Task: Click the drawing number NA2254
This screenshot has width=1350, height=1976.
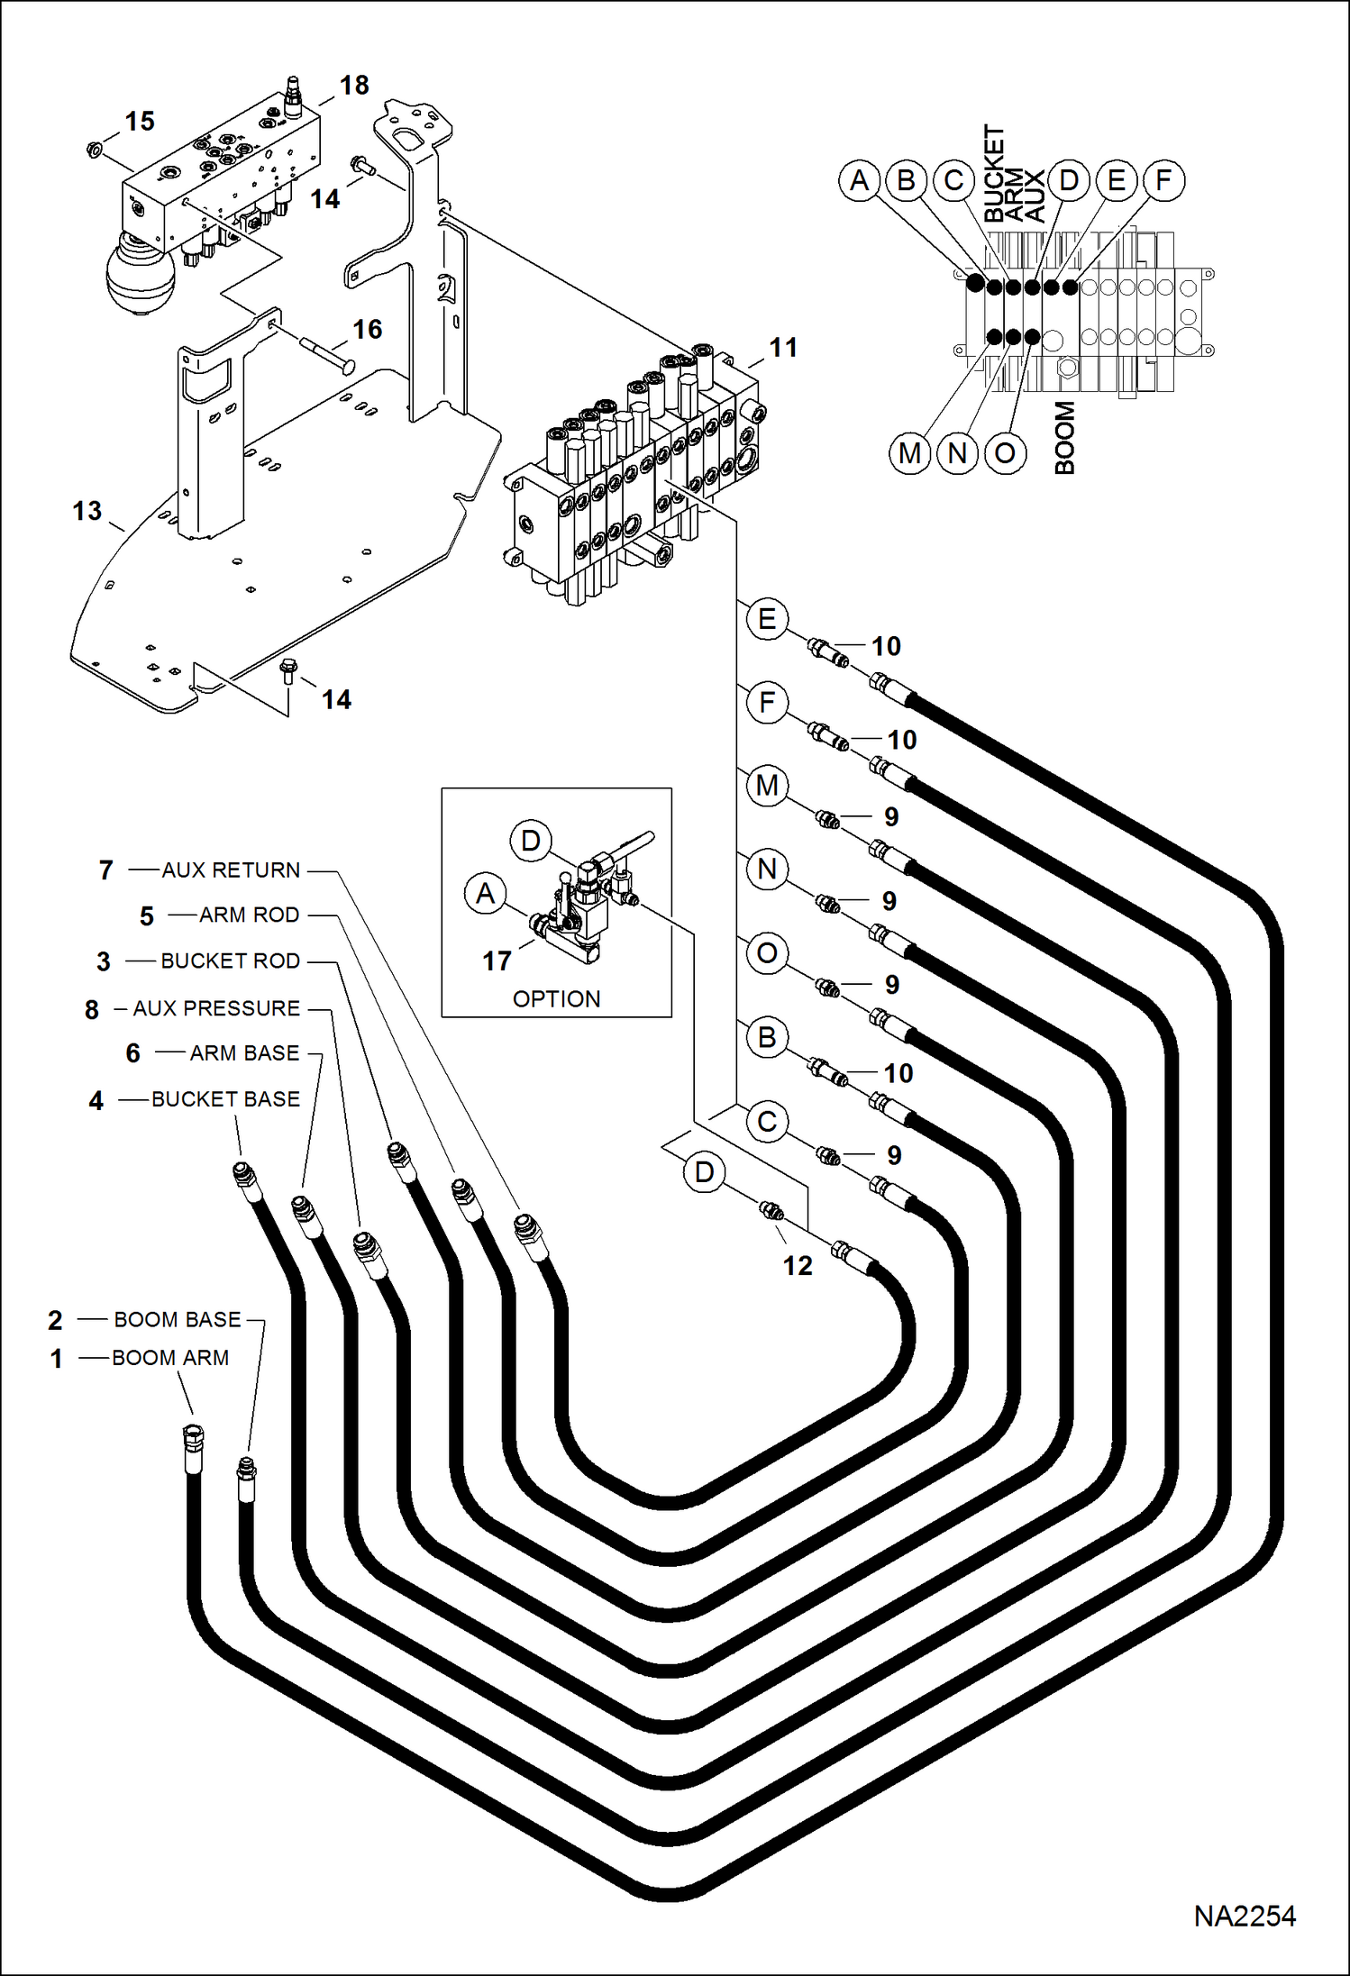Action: [1244, 1916]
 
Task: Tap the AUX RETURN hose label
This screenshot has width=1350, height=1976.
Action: [231, 870]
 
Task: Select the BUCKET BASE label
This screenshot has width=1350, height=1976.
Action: [225, 1099]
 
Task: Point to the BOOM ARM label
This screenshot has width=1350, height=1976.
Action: [170, 1358]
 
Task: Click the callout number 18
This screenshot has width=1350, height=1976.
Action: [354, 86]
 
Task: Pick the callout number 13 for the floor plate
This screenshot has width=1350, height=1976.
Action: [87, 511]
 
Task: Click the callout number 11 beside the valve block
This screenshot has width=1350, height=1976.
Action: [782, 348]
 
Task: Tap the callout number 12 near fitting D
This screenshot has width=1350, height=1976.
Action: [797, 1266]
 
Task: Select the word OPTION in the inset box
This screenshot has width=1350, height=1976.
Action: [556, 999]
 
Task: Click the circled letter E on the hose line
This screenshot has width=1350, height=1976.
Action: [767, 619]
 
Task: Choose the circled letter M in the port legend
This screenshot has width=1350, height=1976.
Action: [909, 453]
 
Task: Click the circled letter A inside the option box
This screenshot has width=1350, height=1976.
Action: [485, 894]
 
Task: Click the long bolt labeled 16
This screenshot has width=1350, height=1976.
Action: [326, 354]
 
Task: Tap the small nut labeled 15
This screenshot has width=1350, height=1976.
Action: [94, 149]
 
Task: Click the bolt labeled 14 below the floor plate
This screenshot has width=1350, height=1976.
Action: [288, 670]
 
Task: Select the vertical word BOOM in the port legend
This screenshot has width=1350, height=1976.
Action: [1064, 438]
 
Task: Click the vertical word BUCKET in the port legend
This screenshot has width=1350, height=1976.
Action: [992, 173]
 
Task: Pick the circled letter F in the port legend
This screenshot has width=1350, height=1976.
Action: [1163, 180]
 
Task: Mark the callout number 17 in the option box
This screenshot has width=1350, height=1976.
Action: [497, 961]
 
